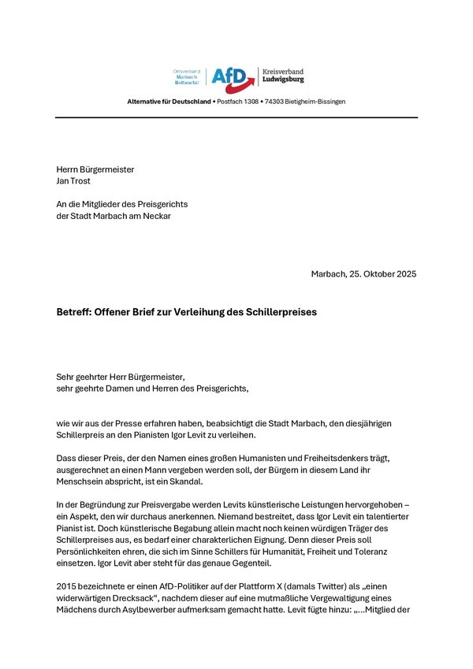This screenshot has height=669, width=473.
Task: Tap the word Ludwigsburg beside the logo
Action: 285,80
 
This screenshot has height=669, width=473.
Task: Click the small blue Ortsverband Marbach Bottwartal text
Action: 188,76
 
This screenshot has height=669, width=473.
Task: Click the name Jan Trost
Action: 73,180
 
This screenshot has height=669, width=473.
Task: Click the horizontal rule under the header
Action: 236,117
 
